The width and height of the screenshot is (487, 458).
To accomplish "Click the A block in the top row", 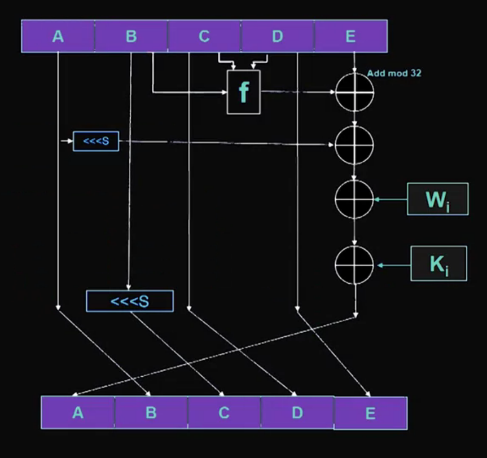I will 58,36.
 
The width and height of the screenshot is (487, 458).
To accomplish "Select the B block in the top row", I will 131,36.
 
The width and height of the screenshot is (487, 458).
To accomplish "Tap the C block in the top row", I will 204,36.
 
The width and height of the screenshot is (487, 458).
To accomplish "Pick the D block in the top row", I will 277,36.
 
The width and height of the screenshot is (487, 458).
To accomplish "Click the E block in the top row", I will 350,36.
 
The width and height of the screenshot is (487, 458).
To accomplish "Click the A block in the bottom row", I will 78,412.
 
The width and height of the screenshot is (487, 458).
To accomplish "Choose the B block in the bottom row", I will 151,412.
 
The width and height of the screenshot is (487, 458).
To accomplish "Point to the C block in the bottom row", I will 223,412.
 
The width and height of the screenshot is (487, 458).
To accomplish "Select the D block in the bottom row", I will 297,412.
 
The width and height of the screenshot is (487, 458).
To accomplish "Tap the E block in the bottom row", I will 370,413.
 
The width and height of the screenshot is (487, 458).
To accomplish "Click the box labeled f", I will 243,92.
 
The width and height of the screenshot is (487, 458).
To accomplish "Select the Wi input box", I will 437,199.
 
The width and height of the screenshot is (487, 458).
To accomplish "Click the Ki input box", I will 438,263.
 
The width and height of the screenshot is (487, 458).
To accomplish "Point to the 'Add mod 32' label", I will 394,73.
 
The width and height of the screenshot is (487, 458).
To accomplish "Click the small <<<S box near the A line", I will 96,142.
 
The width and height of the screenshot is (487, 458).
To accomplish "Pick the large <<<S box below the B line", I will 129,301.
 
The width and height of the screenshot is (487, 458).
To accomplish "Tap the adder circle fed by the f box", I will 354,92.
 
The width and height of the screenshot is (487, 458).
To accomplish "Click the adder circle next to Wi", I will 354,199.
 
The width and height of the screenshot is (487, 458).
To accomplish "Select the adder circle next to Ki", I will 354,263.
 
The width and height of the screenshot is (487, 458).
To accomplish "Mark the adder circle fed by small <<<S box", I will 354,146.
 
